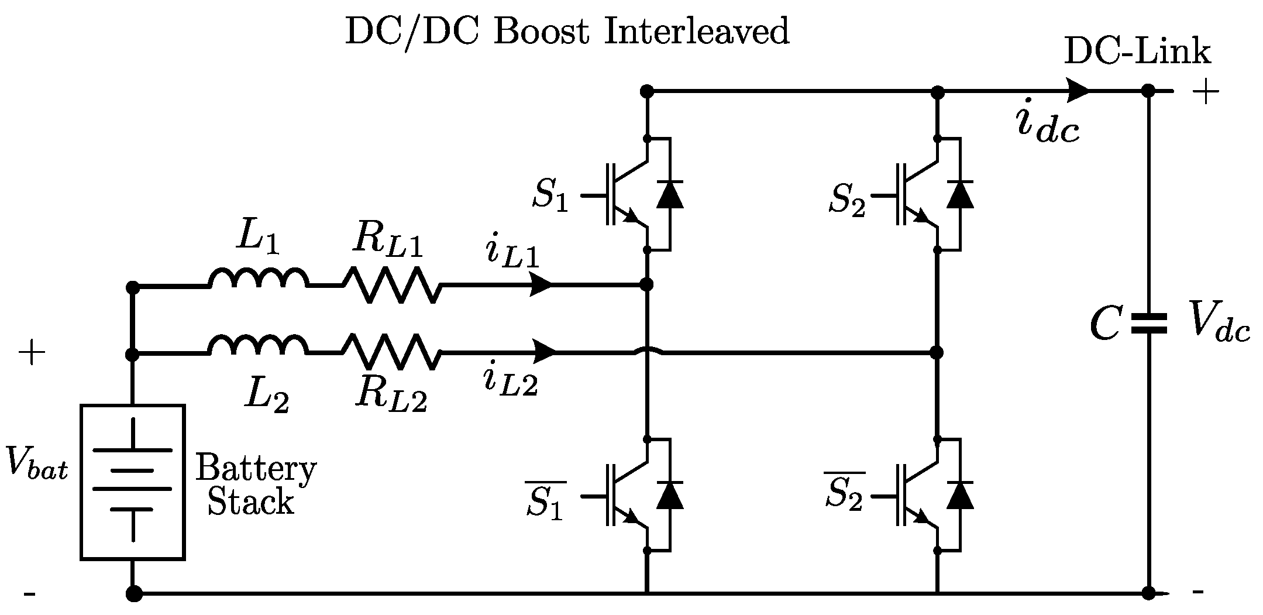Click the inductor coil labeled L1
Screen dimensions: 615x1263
[x=258, y=279]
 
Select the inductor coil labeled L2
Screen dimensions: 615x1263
[x=258, y=345]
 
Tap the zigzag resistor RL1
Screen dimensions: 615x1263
[x=391, y=285]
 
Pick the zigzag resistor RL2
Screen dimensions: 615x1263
[x=391, y=352]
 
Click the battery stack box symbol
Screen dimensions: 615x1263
[x=133, y=482]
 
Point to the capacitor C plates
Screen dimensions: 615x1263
[x=1148, y=324]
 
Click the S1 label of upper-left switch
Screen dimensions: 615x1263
[x=550, y=195]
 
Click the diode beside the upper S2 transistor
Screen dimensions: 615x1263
[x=960, y=194]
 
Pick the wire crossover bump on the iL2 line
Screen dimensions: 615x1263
[x=648, y=352]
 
